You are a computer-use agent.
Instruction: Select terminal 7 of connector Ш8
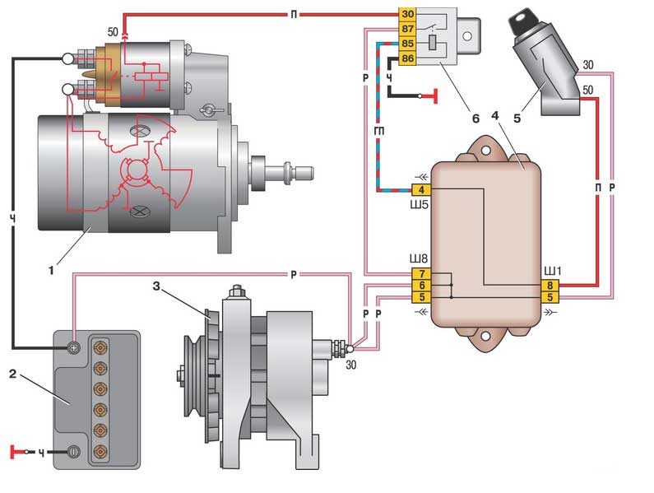(421, 273)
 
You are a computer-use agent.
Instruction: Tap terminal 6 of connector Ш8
(421, 285)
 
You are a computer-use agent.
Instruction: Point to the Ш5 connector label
(420, 207)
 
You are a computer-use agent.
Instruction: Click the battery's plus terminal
(73, 347)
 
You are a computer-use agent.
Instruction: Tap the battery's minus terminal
(73, 451)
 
